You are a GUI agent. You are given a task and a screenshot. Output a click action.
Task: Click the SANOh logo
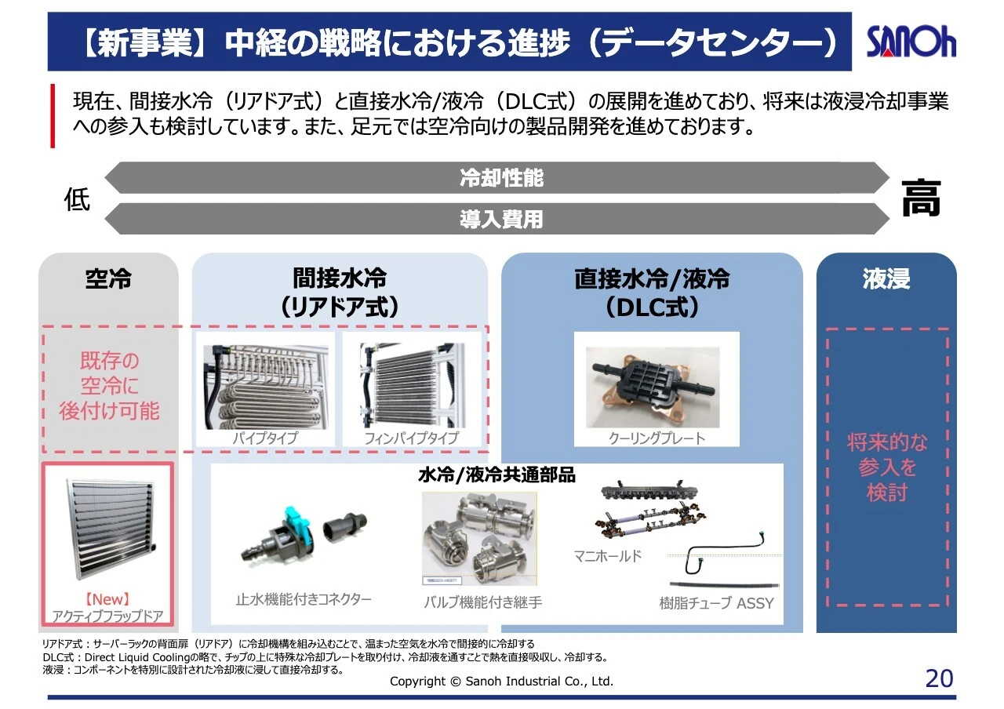click(x=911, y=42)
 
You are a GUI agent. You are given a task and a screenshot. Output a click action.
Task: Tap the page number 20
click(x=939, y=678)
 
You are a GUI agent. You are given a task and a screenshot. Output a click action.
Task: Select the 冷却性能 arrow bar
click(x=500, y=178)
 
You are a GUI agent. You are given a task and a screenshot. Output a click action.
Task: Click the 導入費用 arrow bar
click(x=500, y=219)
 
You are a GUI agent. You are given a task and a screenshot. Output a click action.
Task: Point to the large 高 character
click(x=920, y=198)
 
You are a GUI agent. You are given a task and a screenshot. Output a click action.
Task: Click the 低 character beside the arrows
click(x=77, y=200)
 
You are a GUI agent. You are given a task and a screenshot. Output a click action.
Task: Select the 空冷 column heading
click(x=108, y=279)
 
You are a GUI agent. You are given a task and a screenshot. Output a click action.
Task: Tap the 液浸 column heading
click(x=886, y=279)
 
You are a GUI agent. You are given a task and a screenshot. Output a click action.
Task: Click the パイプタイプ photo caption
click(x=264, y=438)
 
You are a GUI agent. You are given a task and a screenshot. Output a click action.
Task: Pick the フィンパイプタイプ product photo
click(x=411, y=384)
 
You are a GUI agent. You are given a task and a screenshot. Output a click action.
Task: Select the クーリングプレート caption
click(x=657, y=438)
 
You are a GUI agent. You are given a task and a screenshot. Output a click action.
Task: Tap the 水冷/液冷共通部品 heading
click(x=497, y=475)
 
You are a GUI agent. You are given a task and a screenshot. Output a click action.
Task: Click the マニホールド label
click(x=607, y=556)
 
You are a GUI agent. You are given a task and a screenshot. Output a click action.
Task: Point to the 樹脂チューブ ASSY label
click(x=716, y=603)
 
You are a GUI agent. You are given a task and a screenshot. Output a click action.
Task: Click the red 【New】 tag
click(x=107, y=600)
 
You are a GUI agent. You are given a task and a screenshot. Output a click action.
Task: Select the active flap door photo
click(x=107, y=530)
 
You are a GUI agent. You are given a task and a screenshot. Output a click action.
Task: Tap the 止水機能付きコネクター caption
click(x=304, y=600)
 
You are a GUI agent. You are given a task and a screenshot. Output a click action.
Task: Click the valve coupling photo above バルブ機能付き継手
click(x=478, y=538)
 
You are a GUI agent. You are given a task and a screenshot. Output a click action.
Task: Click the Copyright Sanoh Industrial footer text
click(x=501, y=682)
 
